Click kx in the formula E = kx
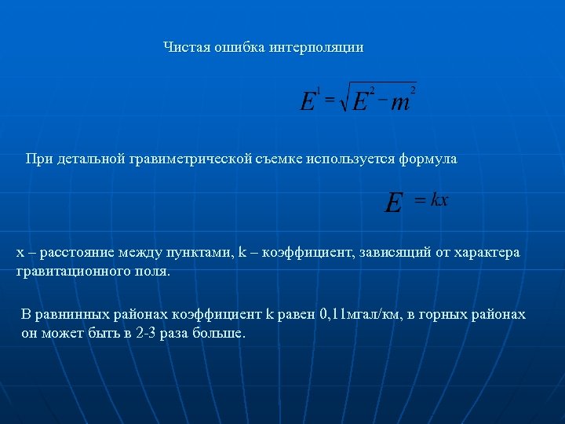point(439,200)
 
